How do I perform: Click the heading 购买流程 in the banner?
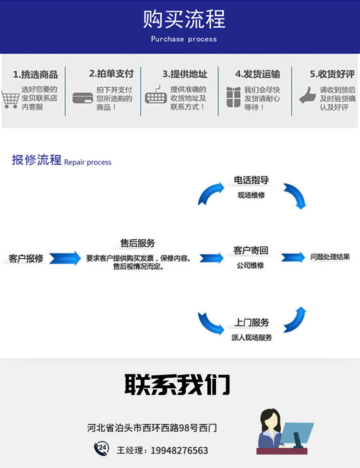[184, 20]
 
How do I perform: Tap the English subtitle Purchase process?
[184, 39]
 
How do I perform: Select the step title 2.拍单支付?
[111, 74]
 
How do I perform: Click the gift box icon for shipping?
[233, 97]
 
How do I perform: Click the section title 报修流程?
[36, 160]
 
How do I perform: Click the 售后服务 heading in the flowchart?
[138, 243]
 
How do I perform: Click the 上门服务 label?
[252, 323]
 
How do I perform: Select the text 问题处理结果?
[330, 257]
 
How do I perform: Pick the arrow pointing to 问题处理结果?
[293, 257]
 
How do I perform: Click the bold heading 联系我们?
[178, 384]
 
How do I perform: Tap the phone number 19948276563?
[180, 450]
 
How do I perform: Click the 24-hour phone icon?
[101, 449]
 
